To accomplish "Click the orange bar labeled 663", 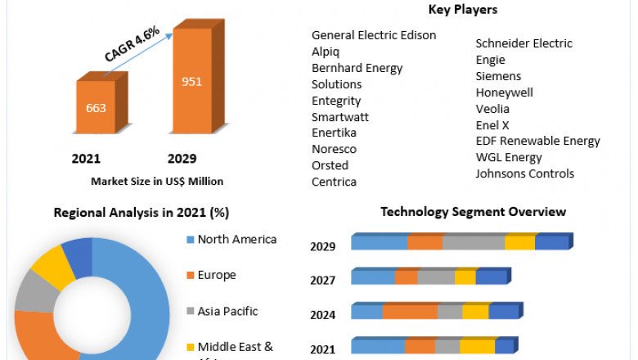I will pos(96,107).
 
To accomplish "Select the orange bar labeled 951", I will pos(192,82).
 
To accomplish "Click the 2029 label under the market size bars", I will pos(182,159).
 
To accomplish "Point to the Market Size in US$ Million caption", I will pos(157,181).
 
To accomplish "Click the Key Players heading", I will pos(462,10).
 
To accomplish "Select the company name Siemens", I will pos(498,76).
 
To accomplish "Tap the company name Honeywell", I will pos(504,92).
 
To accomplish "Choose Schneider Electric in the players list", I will pos(524,43).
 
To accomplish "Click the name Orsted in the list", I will pos(330,165).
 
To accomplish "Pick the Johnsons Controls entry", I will pos(525,173).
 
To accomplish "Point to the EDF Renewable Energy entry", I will pos(538,141).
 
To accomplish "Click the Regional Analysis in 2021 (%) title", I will pos(141,213).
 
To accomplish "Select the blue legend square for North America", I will pos(190,240).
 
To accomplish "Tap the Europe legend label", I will pos(217,275).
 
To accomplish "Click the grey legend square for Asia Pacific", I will pos(190,311).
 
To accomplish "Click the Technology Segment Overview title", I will pos(473,212).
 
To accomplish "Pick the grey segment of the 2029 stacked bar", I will pos(474,242).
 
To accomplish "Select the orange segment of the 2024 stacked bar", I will pos(410,312).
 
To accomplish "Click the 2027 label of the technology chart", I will pos(322,281).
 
